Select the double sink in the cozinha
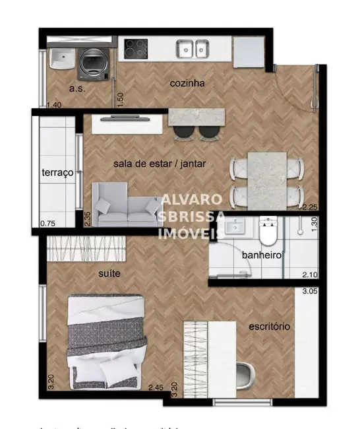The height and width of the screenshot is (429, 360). (x=193, y=48)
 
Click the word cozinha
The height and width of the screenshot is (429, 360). (x=187, y=83)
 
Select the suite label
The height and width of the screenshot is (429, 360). (x=109, y=273)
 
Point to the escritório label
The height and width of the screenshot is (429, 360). (x=269, y=326)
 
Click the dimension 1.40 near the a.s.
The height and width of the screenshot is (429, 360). (x=55, y=105)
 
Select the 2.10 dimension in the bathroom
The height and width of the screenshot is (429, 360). (x=310, y=275)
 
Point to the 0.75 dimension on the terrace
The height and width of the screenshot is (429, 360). (x=47, y=223)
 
